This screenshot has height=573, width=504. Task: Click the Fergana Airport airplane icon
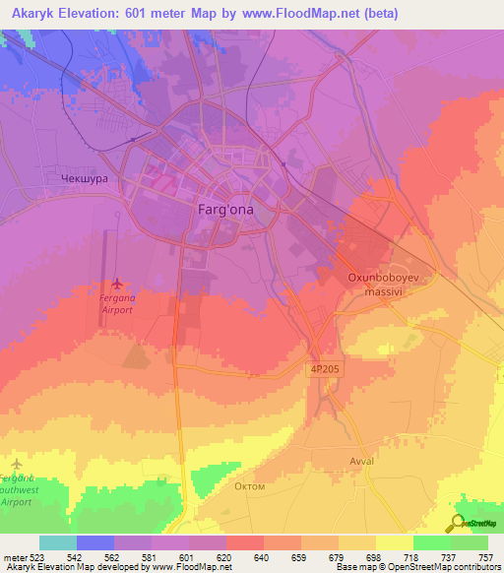(x=118, y=286)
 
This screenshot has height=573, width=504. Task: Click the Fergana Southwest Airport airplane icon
(x=17, y=463)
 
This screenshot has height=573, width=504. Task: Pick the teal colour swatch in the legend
(x=57, y=542)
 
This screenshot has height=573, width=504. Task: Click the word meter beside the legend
(x=14, y=556)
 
